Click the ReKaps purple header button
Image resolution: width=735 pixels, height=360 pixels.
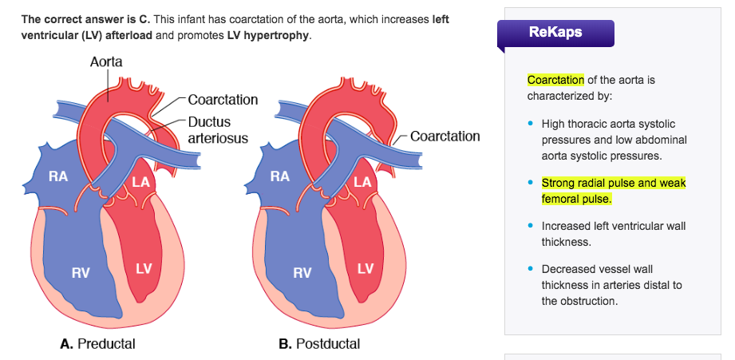(555, 33)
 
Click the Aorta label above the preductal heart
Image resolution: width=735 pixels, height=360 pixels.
(106, 61)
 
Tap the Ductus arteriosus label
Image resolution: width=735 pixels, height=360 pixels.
(217, 130)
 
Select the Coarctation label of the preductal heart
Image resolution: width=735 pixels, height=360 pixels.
(223, 100)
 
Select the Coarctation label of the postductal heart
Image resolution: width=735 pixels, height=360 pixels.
(445, 136)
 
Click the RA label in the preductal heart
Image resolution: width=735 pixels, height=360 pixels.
(57, 177)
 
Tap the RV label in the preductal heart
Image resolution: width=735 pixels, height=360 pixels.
(80, 273)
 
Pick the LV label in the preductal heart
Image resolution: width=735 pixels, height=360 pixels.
(143, 268)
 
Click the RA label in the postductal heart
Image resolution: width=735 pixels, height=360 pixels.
(279, 177)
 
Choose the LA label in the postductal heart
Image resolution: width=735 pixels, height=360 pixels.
(364, 182)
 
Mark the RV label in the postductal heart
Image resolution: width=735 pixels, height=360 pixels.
(302, 273)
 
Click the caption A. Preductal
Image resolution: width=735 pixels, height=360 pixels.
(97, 344)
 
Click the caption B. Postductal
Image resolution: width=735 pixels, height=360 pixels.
(319, 344)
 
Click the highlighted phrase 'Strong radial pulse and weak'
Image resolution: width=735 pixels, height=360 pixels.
(613, 183)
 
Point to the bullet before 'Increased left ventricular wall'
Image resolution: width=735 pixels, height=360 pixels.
(530, 226)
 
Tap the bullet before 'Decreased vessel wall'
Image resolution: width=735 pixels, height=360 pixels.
(530, 269)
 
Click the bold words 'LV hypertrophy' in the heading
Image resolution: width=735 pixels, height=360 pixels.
(267, 37)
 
